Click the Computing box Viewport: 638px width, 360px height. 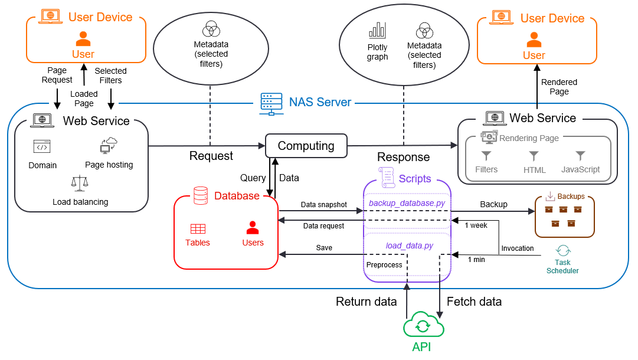(306, 146)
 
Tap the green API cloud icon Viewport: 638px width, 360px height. (423, 325)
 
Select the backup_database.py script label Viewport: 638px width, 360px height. (407, 204)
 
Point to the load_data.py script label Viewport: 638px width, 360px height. (410, 246)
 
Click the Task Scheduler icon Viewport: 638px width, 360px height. (562, 250)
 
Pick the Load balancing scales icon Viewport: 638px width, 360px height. (80, 184)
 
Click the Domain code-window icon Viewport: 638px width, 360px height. (42, 147)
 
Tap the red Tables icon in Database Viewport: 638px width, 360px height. (198, 228)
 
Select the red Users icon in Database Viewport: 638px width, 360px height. (253, 227)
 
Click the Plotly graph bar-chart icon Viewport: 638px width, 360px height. (377, 30)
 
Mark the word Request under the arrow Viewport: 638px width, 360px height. (211, 156)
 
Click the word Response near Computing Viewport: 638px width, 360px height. (404, 158)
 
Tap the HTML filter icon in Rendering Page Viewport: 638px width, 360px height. (534, 156)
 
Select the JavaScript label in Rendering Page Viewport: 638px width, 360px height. (580, 169)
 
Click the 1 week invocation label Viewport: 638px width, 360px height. (476, 225)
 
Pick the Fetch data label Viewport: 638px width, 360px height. (475, 302)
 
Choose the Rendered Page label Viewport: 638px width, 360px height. (559, 87)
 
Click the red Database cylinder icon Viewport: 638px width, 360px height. (201, 195)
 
